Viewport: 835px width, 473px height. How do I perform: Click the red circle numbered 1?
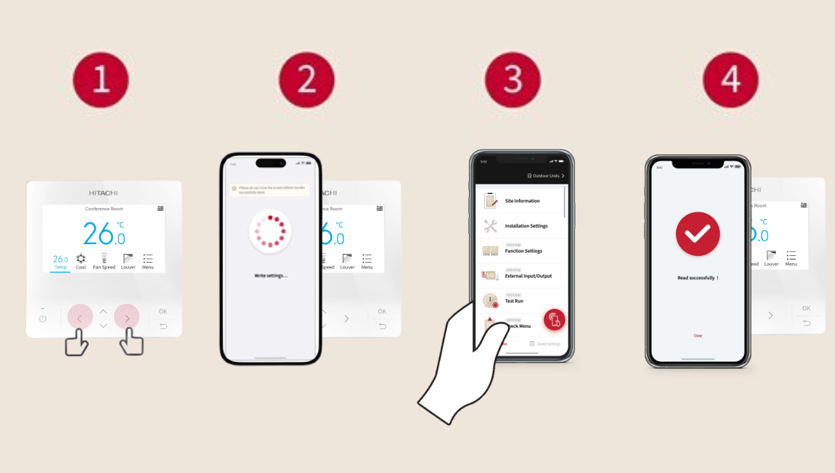[102, 80]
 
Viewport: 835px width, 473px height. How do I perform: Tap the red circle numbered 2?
[306, 80]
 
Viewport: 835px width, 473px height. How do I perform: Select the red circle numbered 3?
[513, 80]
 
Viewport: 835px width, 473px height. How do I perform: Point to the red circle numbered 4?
[730, 80]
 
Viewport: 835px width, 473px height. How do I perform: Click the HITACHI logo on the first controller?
[104, 193]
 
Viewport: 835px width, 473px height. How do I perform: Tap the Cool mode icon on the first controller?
[81, 260]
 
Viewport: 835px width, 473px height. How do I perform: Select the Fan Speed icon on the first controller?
[104, 260]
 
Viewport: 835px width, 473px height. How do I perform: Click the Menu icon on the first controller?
[148, 260]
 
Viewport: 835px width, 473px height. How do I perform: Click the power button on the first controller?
[42, 319]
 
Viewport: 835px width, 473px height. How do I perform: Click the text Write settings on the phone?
[270, 276]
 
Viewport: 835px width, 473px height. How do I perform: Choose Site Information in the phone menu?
[522, 201]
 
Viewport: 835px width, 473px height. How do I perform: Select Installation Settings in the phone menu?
[525, 226]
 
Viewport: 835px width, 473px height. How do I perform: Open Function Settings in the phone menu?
[523, 250]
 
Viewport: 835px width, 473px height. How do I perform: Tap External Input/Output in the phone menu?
[527, 275]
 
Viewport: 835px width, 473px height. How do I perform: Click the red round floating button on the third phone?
[555, 319]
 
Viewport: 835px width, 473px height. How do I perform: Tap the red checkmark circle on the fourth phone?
[697, 234]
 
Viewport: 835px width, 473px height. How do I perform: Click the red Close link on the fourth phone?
[697, 335]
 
